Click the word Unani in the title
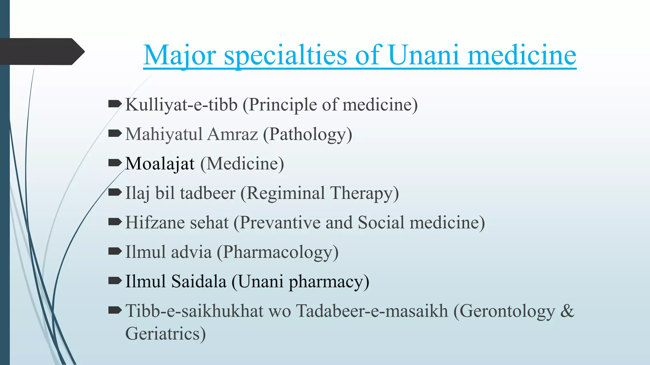[423, 55]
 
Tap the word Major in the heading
[180, 55]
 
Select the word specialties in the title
[285, 55]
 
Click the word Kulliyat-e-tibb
[181, 105]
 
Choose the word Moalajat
[160, 164]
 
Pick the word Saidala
[199, 281]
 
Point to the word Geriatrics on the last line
[165, 334]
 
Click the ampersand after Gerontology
[567, 311]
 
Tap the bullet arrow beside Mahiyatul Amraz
[115, 133]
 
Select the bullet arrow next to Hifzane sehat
[115, 222]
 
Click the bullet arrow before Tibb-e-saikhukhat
[115, 310]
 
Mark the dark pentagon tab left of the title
[41, 52]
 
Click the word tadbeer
[208, 193]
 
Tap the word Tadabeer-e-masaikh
[372, 311]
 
